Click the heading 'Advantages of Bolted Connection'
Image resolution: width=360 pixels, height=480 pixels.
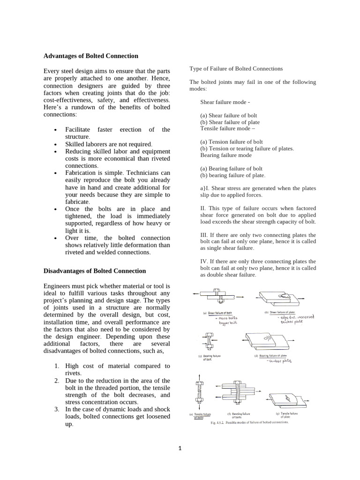[x=90, y=56]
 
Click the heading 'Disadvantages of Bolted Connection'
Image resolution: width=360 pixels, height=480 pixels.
[x=94, y=271]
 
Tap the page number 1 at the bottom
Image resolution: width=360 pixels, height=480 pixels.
[x=180, y=448]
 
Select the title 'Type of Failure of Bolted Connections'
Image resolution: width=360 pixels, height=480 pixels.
[x=236, y=68]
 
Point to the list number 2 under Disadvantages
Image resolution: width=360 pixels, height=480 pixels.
[x=57, y=381]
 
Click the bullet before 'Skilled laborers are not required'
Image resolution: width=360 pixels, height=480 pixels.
[x=56, y=144]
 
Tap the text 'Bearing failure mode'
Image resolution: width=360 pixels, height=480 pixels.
[x=226, y=155]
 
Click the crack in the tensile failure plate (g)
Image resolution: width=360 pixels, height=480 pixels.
[x=289, y=399]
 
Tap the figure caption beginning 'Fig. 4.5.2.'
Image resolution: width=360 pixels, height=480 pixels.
[x=243, y=422]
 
